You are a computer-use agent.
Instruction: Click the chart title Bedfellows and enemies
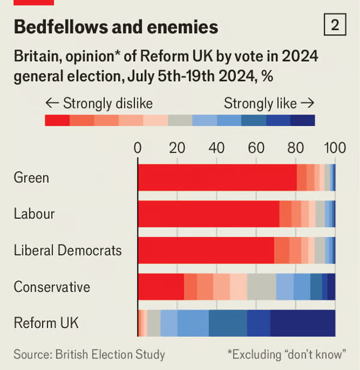click(116, 27)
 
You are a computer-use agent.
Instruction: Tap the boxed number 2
click(334, 25)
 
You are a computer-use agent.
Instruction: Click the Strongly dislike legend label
click(99, 103)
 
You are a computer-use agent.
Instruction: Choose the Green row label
click(31, 178)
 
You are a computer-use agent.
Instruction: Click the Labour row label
click(34, 214)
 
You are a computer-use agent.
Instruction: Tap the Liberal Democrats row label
click(68, 250)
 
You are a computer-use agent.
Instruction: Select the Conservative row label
click(52, 287)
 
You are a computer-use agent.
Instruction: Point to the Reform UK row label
click(46, 323)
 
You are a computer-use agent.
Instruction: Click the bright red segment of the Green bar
click(217, 178)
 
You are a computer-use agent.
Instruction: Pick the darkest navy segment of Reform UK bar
click(302, 323)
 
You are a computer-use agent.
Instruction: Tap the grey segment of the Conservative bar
click(261, 287)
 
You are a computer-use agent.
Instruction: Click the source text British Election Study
click(89, 354)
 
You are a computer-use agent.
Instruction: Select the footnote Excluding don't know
click(287, 354)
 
